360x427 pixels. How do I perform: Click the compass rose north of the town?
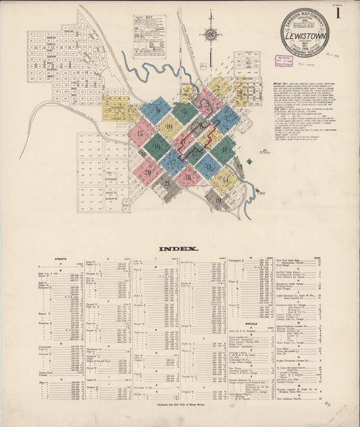[x=210, y=34]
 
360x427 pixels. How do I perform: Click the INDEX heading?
[x=179, y=249]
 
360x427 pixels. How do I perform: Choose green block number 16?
[x=157, y=145]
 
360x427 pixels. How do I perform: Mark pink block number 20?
[x=148, y=172]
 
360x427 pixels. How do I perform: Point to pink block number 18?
[x=188, y=177]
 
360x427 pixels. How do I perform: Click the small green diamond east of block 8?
[x=248, y=161]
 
